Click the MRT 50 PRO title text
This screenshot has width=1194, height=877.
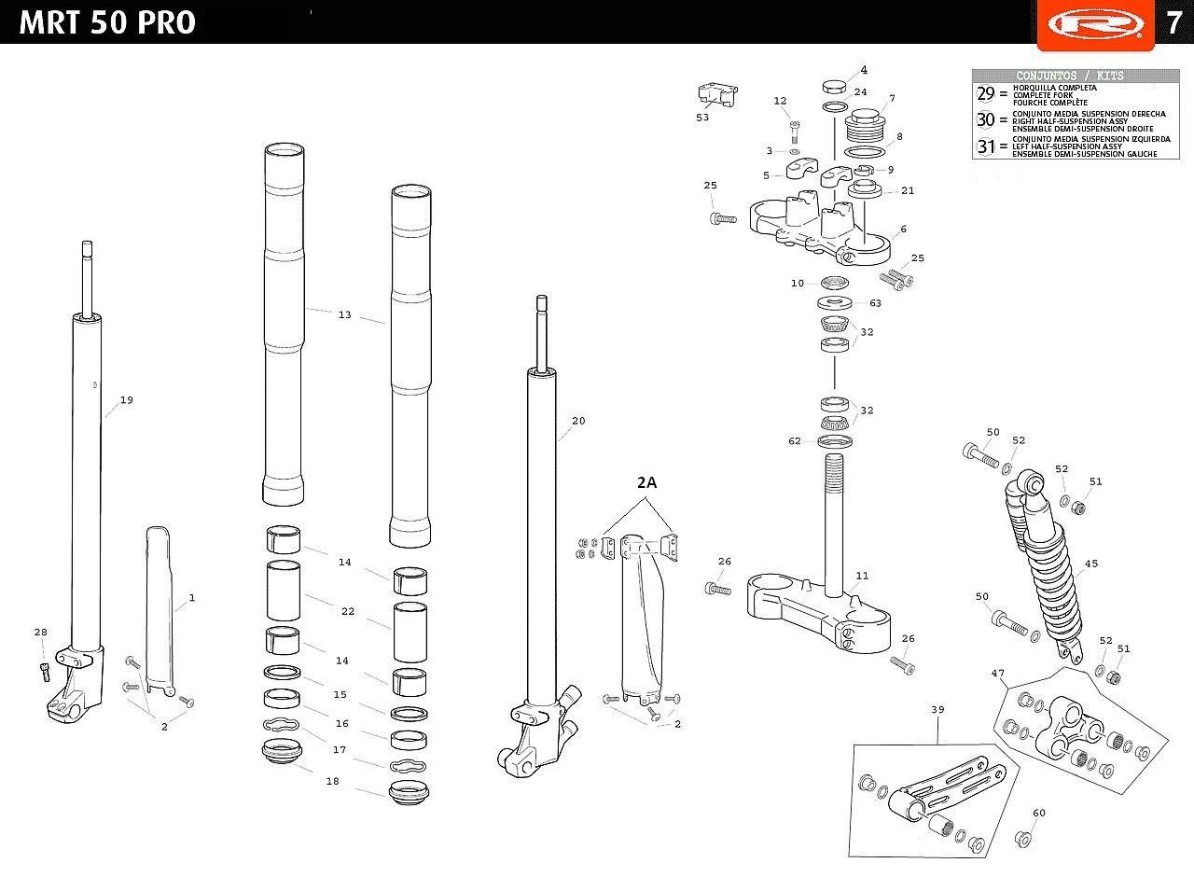pyautogui.click(x=107, y=22)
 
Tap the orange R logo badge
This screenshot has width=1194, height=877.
pyautogui.click(x=1095, y=24)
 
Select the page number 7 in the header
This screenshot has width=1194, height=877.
pyautogui.click(x=1174, y=23)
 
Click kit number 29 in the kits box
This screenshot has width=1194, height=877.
pyautogui.click(x=986, y=93)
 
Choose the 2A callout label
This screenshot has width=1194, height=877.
pyautogui.click(x=646, y=482)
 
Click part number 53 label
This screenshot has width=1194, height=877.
pyautogui.click(x=702, y=118)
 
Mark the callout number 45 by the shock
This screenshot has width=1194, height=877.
pyautogui.click(x=1091, y=564)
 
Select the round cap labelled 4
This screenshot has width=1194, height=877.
pyautogui.click(x=835, y=86)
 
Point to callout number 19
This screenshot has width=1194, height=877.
pyautogui.click(x=126, y=400)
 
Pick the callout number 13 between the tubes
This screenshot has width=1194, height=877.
pyautogui.click(x=345, y=314)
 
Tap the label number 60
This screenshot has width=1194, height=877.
pyautogui.click(x=1039, y=813)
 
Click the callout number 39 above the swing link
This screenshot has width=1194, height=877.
pyautogui.click(x=937, y=710)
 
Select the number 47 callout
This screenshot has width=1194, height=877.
pyautogui.click(x=998, y=674)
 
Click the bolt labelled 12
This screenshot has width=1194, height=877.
pyautogui.click(x=795, y=131)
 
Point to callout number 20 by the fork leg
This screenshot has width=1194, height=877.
pyautogui.click(x=578, y=421)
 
